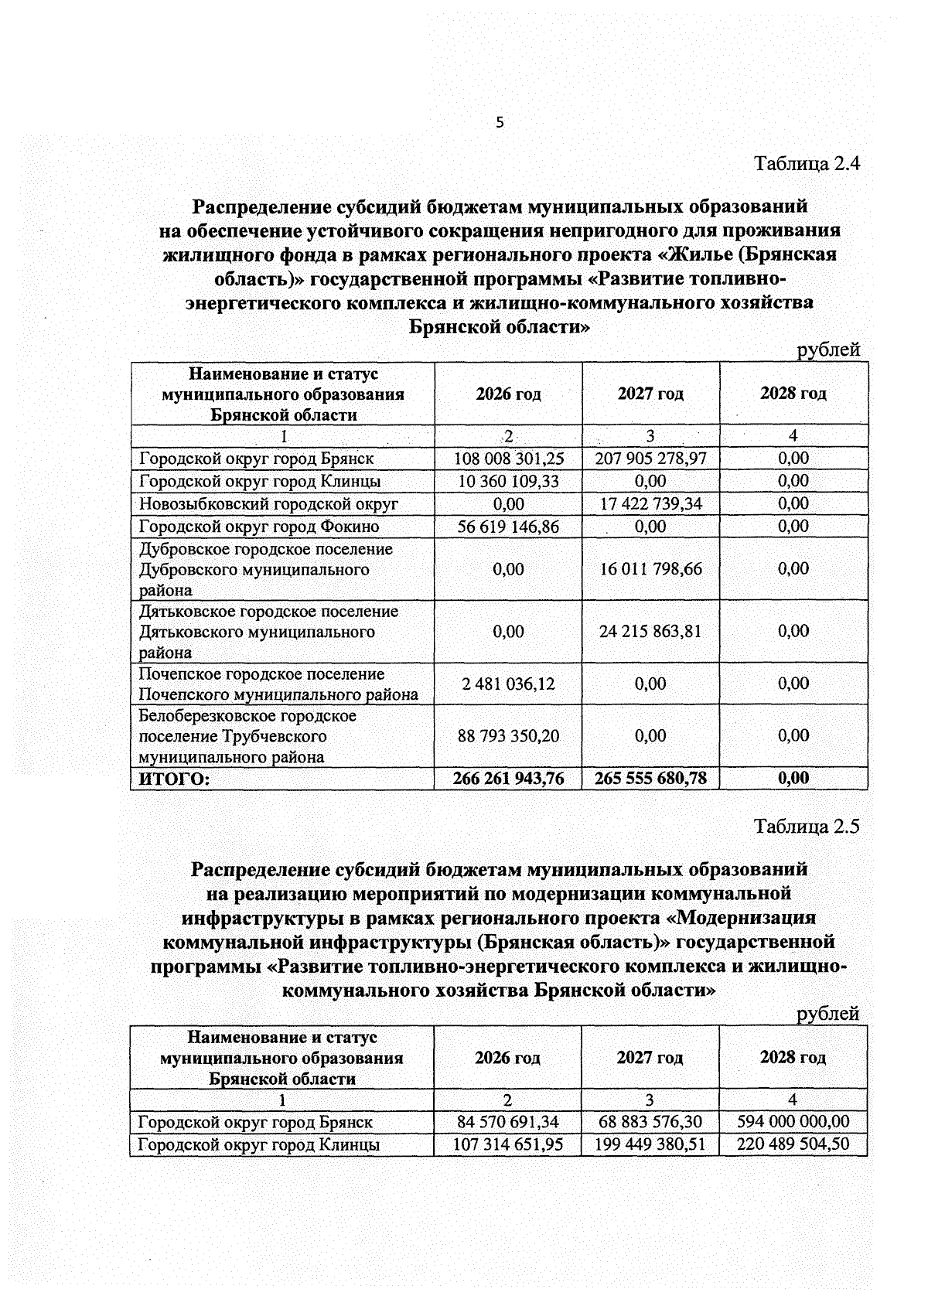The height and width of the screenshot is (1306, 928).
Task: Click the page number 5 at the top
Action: click(500, 122)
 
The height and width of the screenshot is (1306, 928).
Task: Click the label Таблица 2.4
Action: click(807, 164)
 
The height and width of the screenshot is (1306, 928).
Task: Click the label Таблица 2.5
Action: click(807, 827)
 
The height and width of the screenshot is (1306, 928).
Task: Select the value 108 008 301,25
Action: click(508, 459)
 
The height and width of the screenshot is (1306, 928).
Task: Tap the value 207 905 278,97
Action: click(650, 459)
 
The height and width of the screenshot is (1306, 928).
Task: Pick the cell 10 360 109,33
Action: click(508, 481)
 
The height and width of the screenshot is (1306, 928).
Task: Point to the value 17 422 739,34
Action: click(650, 504)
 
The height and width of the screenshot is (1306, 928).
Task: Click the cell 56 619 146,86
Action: click(508, 527)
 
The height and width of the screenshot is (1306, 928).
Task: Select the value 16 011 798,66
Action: click(650, 569)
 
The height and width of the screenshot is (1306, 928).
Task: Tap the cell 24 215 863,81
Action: click(650, 632)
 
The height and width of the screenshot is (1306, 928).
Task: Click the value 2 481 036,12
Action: click(508, 684)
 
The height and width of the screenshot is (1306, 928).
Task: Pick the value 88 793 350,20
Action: click(508, 736)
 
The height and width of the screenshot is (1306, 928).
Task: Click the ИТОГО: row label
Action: click(174, 779)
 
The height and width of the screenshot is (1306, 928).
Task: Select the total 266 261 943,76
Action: click(508, 779)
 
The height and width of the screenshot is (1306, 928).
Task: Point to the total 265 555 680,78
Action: click(650, 779)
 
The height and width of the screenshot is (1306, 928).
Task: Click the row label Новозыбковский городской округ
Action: click(268, 504)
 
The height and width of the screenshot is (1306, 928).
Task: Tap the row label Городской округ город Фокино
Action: click(259, 527)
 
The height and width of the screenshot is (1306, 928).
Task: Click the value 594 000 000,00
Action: click(793, 1121)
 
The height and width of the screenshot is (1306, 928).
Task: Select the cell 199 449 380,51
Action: click(650, 1144)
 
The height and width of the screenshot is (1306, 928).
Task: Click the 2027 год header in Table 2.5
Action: click(650, 1058)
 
